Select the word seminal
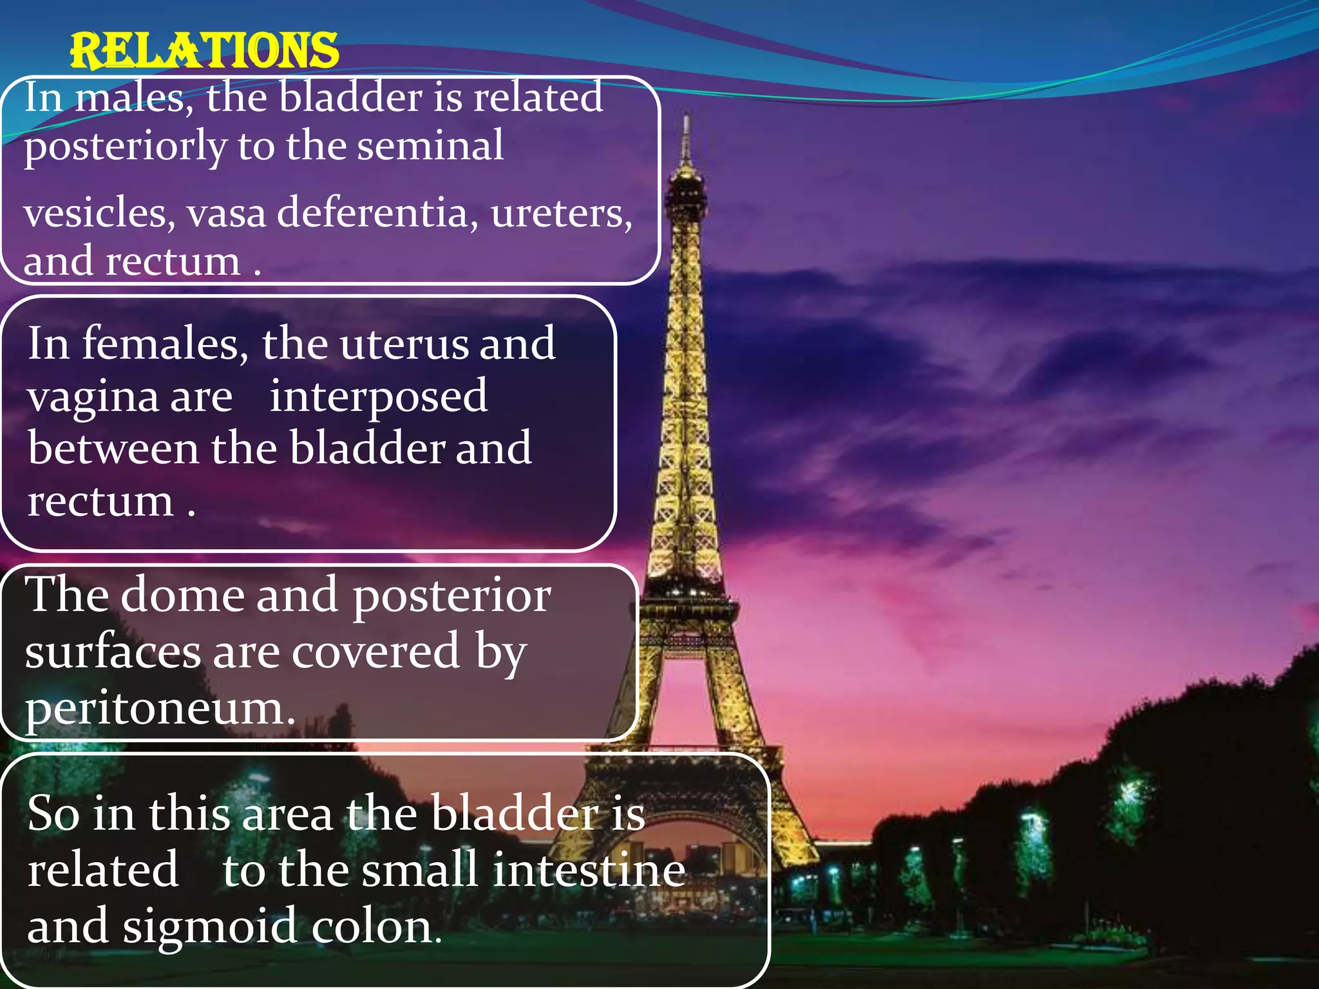tap(430, 146)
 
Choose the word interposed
tap(378, 398)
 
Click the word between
tap(113, 449)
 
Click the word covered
tap(376, 652)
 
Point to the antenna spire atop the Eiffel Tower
tap(687, 138)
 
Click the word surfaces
tap(113, 652)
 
